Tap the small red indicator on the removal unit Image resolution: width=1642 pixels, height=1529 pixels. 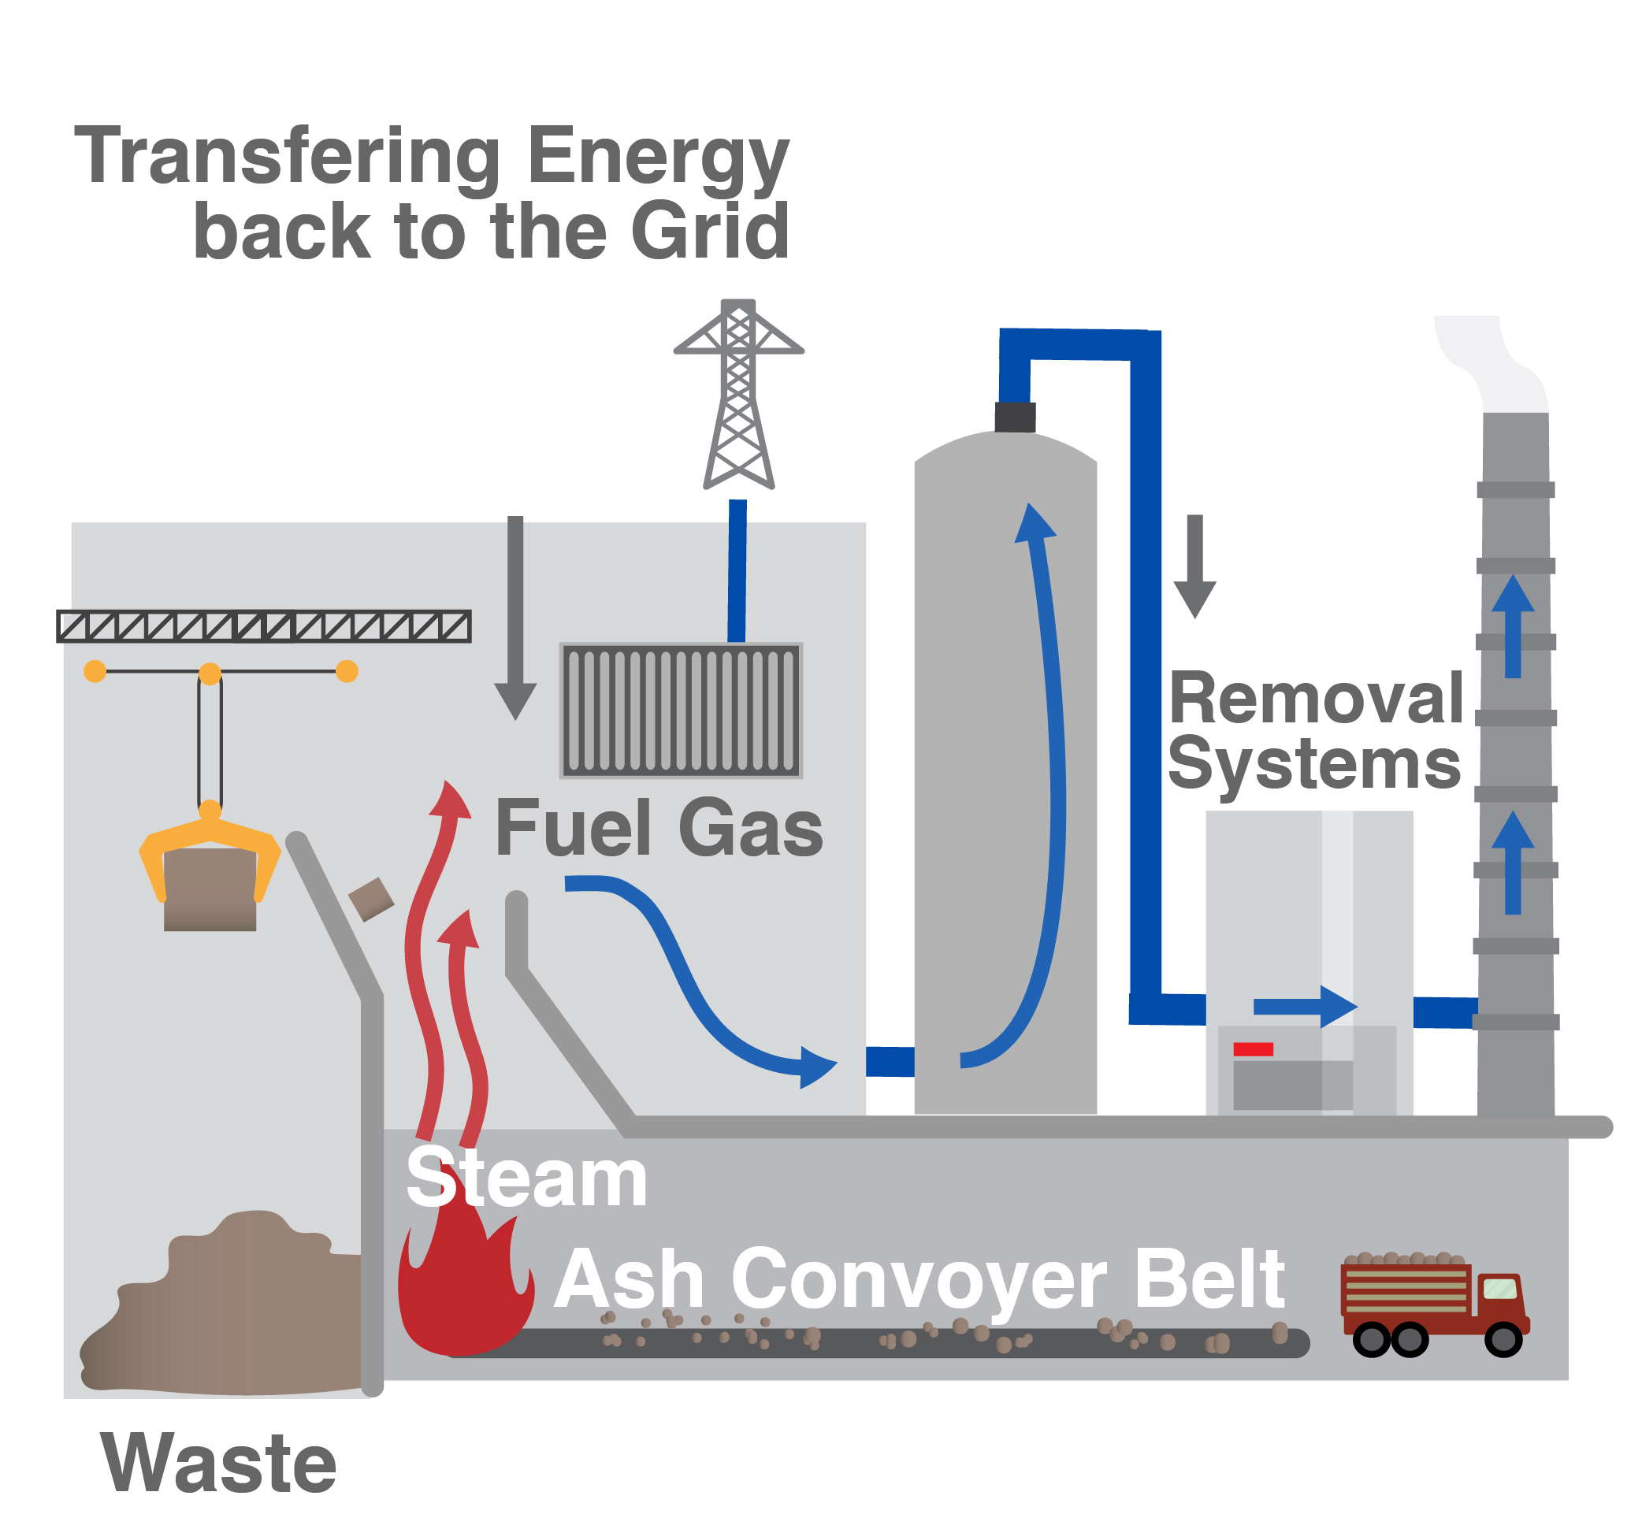(1252, 1049)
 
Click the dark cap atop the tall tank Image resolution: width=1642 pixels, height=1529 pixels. (1014, 417)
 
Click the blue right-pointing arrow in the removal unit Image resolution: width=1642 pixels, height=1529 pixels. (1305, 1007)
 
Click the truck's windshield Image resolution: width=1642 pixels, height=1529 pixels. (1499, 1288)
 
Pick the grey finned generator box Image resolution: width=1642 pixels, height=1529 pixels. (681, 710)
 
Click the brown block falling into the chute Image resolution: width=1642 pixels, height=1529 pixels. (371, 900)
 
